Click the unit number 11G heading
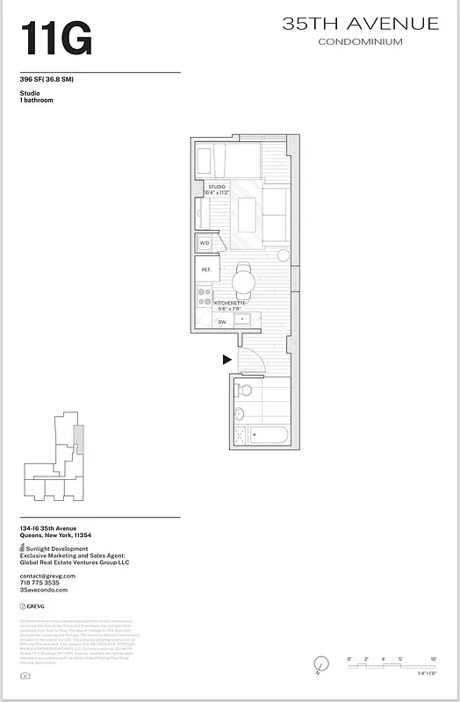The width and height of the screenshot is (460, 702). coord(56,39)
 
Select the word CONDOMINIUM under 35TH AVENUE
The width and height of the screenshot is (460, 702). coord(360,42)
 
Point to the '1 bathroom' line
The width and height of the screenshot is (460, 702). coord(36,101)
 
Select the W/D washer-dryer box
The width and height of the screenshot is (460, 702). coord(205,243)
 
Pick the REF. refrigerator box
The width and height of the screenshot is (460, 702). coord(206,269)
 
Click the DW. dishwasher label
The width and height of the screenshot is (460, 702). coord(222,322)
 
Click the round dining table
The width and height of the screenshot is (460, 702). coord(243,281)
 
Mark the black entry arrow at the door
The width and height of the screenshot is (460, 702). coord(226,359)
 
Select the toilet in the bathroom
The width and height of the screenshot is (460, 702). coord(245,389)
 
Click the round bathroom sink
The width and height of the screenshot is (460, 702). coord(238,414)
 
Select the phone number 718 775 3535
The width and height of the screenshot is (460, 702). coord(40,583)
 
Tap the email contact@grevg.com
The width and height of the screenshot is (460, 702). coord(47,576)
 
